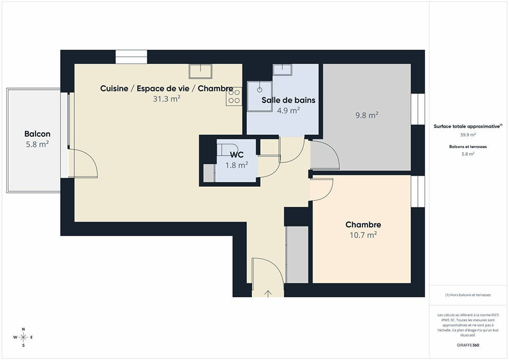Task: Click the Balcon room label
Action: coord(38,134)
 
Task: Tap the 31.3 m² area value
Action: coord(167,99)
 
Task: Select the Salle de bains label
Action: coord(288,100)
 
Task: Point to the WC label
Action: coord(237,154)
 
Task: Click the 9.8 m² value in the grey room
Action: coord(367,115)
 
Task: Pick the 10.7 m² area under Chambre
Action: coord(363,235)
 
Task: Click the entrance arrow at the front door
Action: coord(268,294)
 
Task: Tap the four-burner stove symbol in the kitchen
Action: coord(234,96)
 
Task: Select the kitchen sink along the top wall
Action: coord(201,71)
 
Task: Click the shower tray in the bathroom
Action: coord(260,96)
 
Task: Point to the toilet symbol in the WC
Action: coord(227,149)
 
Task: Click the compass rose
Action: coord(23,337)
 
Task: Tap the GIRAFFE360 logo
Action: coord(468,345)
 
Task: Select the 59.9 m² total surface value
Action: coord(468,135)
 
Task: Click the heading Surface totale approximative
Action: coord(467,127)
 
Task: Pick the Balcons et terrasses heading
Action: coord(468,147)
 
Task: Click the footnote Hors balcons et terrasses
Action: coord(468,295)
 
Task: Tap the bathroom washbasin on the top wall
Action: coord(282,69)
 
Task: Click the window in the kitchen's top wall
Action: coord(132,57)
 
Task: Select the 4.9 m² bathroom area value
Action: coord(288,111)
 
